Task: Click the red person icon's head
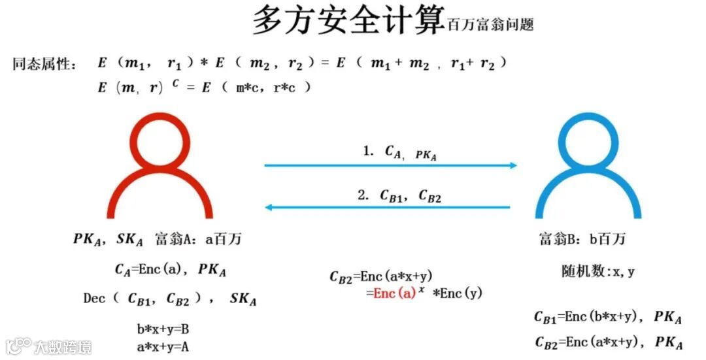[x=160, y=143]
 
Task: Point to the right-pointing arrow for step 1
[x=390, y=165]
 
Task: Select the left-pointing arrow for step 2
[x=387, y=208]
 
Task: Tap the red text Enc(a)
[x=395, y=293]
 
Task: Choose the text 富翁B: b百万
[x=582, y=239]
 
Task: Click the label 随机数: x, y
[x=597, y=272]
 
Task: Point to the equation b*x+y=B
[x=163, y=329]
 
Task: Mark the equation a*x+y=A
[x=163, y=347]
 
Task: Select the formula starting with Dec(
[x=170, y=299]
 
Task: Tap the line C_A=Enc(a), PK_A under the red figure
[x=170, y=269]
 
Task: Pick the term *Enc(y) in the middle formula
[x=457, y=293]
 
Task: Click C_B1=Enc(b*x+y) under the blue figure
[x=585, y=318]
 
